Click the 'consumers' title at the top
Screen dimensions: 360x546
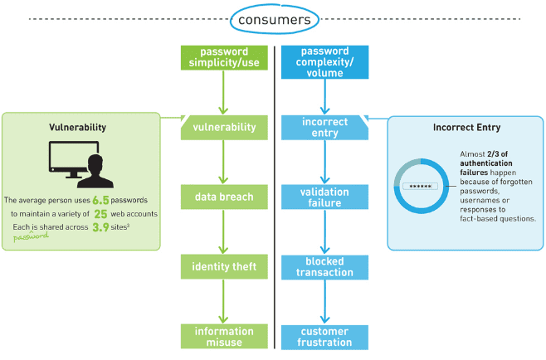point(272,17)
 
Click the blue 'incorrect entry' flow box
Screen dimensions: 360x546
point(324,127)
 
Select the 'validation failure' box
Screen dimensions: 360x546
point(324,197)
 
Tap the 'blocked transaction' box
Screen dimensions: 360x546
point(324,266)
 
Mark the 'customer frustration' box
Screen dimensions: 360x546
point(324,336)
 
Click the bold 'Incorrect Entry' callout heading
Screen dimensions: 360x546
point(466,128)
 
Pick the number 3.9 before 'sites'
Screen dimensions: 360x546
point(100,226)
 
